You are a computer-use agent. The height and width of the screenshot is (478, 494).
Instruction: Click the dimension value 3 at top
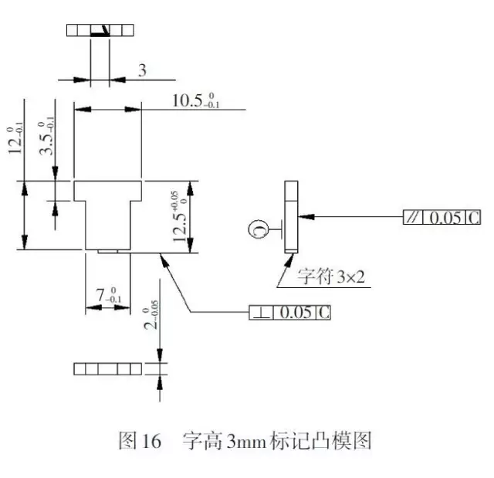[x=141, y=71]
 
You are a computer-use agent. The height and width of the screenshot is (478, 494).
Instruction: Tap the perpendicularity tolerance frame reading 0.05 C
[x=289, y=313]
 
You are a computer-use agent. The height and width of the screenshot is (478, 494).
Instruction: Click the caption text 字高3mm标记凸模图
[x=277, y=442]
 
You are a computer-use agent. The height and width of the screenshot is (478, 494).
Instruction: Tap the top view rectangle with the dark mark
[x=100, y=31]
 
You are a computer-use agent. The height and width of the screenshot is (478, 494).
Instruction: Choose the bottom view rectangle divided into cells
[x=108, y=368]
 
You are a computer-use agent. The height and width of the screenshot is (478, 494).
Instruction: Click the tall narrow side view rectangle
[x=291, y=217]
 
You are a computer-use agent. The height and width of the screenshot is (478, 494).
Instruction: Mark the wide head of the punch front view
[x=108, y=190]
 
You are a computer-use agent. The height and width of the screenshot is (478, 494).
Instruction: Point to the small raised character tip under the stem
[x=108, y=251]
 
